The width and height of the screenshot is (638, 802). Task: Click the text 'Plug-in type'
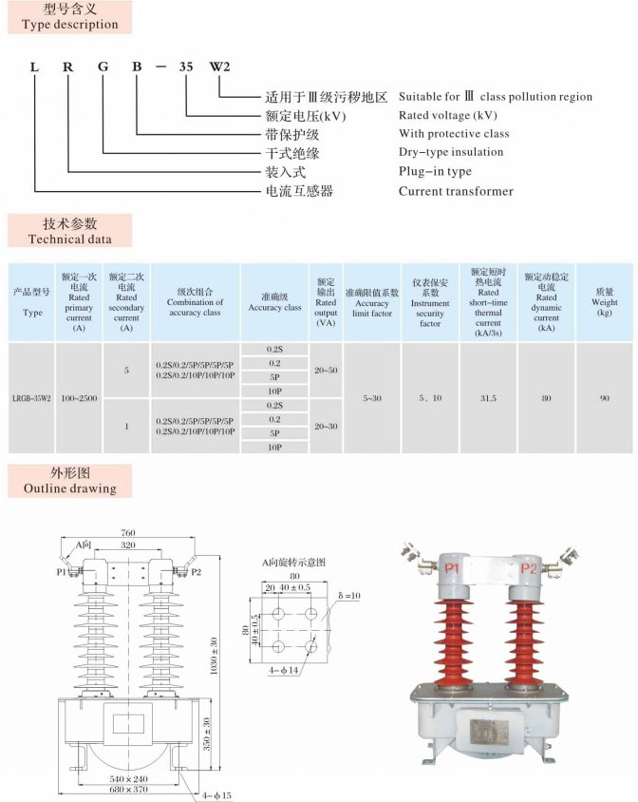[x=435, y=171]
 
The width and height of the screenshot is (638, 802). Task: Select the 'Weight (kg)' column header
[x=604, y=302]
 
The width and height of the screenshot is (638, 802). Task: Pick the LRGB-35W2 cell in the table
[x=32, y=398]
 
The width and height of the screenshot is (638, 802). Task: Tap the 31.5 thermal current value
[x=488, y=398]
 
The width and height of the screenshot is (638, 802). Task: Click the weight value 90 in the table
[x=604, y=398]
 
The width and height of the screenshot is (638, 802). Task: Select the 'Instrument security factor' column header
[x=430, y=302]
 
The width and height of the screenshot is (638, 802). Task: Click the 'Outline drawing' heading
[x=69, y=481]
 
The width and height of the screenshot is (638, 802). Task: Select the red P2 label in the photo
[x=529, y=567]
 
